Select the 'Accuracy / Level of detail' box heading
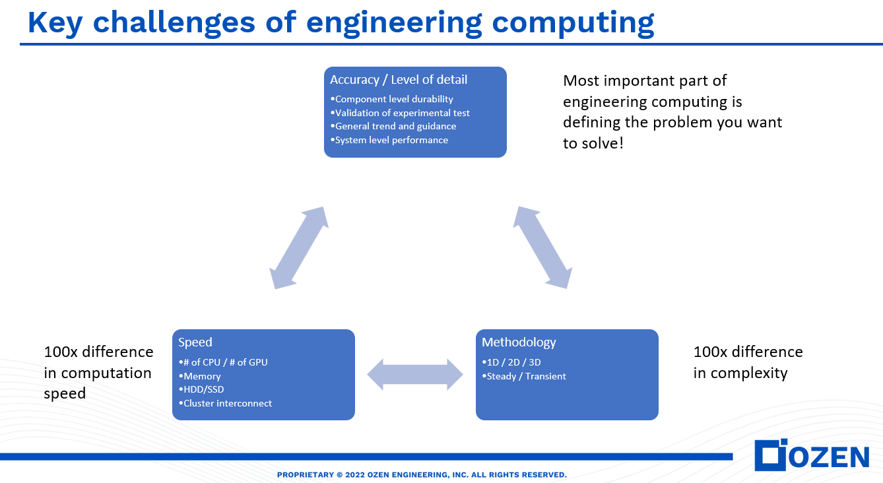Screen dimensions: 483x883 click(x=399, y=80)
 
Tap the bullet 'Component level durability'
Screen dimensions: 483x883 click(x=393, y=99)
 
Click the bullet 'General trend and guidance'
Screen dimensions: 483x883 click(x=395, y=126)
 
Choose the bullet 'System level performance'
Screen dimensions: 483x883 click(x=391, y=140)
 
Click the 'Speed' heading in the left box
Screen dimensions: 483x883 click(x=195, y=342)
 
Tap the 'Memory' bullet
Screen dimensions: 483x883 click(x=201, y=376)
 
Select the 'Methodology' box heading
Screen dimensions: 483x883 click(x=519, y=342)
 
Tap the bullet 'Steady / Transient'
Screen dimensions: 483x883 click(x=525, y=376)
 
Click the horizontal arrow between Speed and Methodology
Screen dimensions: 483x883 click(x=415, y=375)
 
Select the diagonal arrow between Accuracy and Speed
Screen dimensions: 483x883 click(x=300, y=247)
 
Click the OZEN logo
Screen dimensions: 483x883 click(x=812, y=456)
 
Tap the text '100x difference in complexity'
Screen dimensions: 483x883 click(x=748, y=362)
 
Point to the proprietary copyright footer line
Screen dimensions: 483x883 click(x=422, y=474)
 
